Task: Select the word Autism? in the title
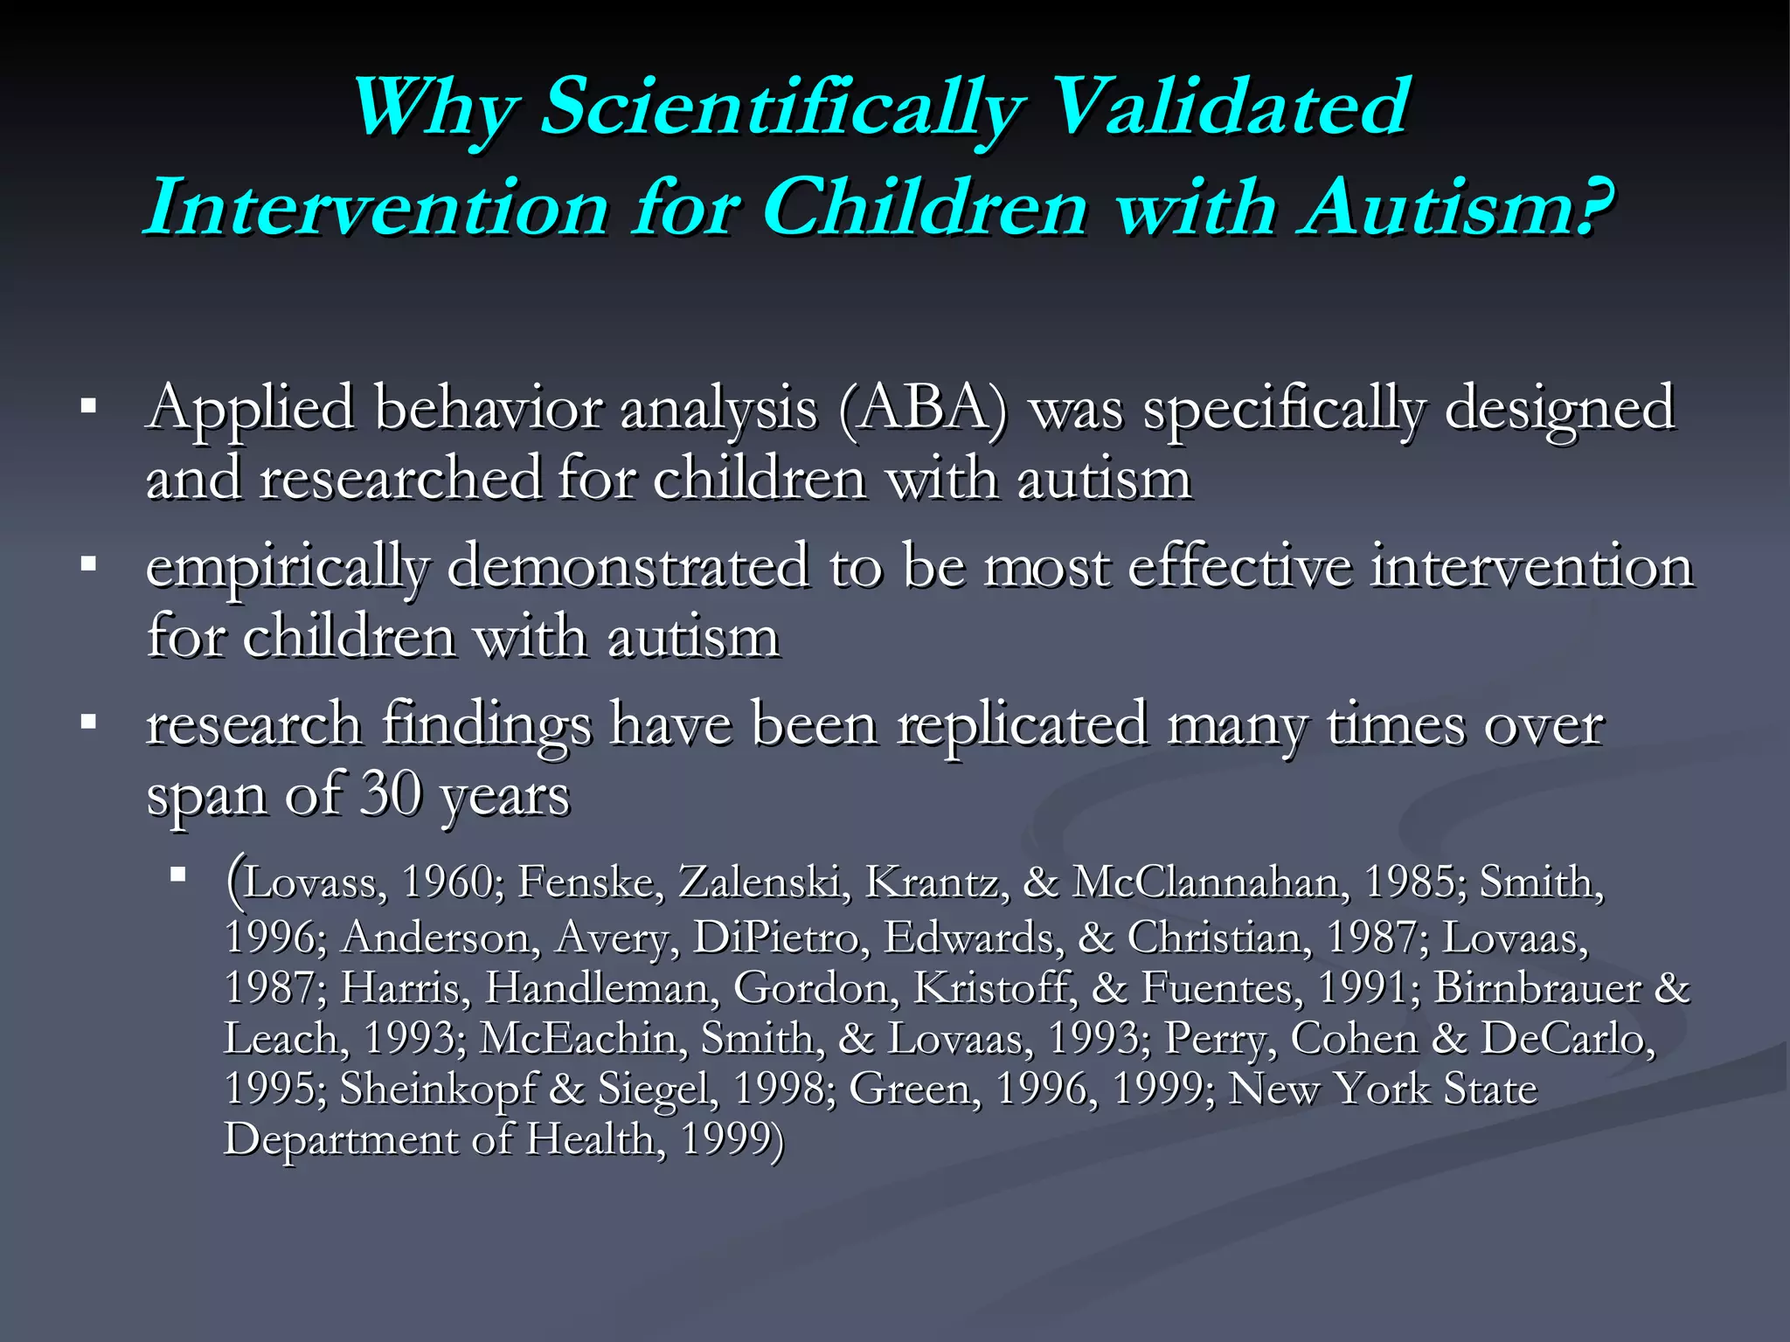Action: (1455, 209)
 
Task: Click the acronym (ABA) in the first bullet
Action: (922, 409)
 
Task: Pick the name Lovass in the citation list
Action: (310, 882)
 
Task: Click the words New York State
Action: (1383, 1090)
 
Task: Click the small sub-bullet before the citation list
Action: (178, 874)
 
